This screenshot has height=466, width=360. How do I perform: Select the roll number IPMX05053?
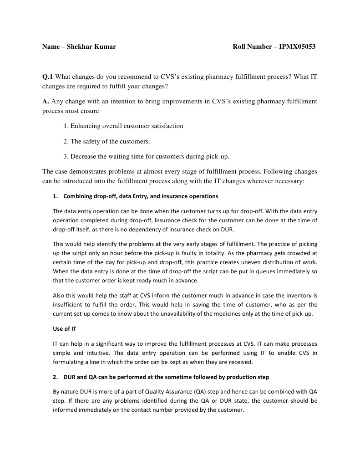(x=297, y=46)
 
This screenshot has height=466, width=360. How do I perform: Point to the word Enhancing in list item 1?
(x=86, y=126)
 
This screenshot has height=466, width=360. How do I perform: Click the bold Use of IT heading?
(x=65, y=330)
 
